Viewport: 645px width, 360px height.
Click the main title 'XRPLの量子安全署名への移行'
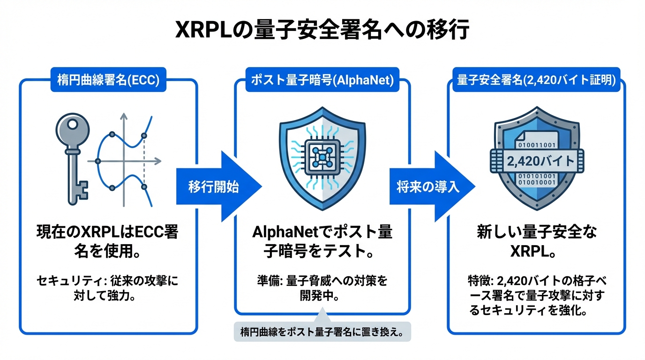322,31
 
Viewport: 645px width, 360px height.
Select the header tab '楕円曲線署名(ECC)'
108,80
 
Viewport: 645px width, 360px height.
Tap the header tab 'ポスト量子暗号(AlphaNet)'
322,80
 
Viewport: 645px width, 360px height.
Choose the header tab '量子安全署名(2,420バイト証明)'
536,80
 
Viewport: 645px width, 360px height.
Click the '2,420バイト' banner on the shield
536,161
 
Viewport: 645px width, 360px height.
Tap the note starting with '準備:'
322,289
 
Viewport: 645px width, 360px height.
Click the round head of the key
69,127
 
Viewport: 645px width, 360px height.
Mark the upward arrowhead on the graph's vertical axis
124,115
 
